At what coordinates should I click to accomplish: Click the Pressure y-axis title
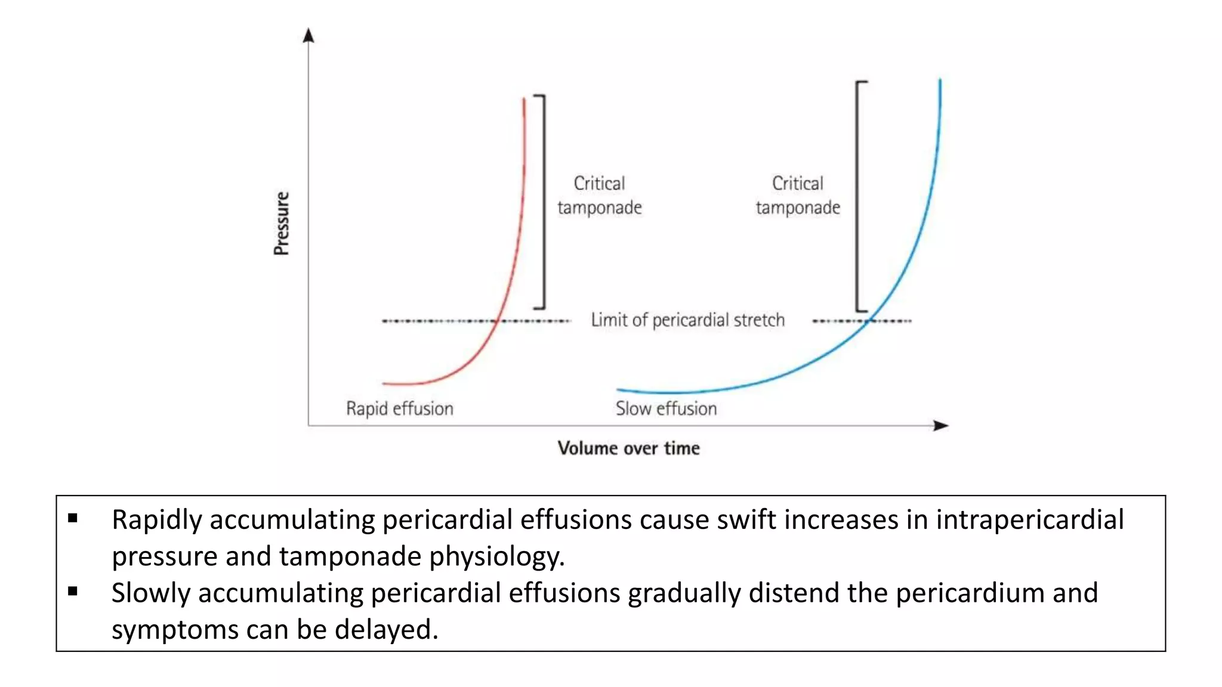pos(282,224)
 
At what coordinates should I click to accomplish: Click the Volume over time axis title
pos(628,448)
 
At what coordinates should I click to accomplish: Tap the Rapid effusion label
pos(400,409)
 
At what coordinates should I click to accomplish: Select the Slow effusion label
pos(666,409)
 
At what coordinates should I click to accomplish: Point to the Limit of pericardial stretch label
pos(687,320)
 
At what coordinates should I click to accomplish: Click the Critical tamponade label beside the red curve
pos(599,195)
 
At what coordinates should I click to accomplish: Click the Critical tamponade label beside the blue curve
pos(798,195)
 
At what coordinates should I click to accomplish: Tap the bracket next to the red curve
pos(544,202)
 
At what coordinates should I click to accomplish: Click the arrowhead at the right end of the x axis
pos(941,425)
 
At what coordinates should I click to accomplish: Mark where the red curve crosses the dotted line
pos(497,321)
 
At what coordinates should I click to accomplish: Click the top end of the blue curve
pos(940,81)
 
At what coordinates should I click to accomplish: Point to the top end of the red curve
pos(524,100)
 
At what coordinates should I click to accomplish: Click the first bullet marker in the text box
pos(73,518)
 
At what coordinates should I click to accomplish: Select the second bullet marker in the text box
pos(73,592)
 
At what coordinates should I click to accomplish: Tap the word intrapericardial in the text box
pos(1029,519)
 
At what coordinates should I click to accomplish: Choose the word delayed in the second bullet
pos(385,630)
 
